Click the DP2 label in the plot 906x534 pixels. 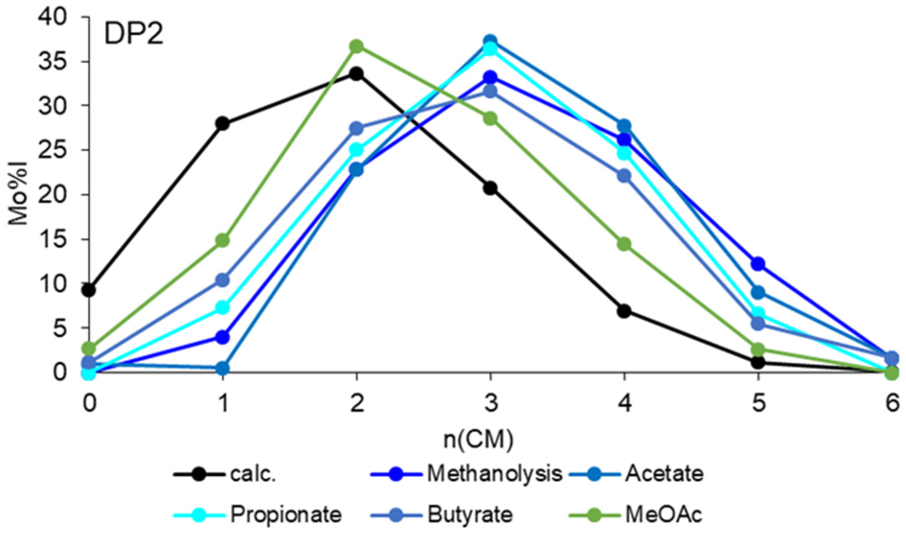coord(134,34)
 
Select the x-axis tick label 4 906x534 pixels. coord(624,403)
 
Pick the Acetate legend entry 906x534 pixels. coord(664,474)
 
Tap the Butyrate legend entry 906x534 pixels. coord(470,515)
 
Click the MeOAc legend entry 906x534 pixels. coord(664,515)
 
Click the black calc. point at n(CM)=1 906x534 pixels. coord(223,124)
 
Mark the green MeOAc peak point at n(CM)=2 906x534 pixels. coord(356,46)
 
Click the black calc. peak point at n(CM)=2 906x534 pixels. coord(356,74)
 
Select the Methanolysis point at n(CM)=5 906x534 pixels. coord(758,263)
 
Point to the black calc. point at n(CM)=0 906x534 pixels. coord(89,290)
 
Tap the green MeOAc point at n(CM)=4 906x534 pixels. coord(624,244)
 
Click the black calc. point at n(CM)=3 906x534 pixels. coord(490,188)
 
